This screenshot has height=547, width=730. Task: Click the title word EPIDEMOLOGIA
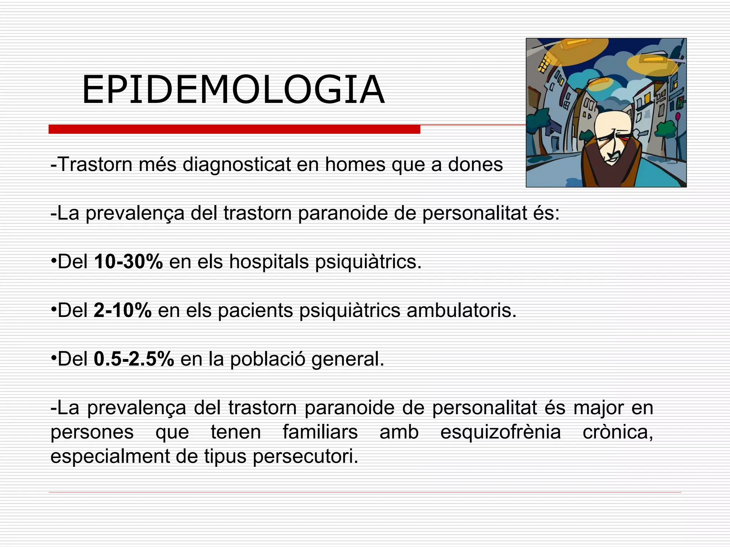tap(233, 90)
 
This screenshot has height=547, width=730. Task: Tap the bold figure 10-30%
tap(128, 262)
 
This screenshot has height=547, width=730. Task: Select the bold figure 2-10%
tap(123, 310)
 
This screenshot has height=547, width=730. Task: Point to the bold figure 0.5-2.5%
tap(134, 359)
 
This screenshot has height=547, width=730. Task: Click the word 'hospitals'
tap(269, 262)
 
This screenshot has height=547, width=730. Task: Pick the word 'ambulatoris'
tap(461, 310)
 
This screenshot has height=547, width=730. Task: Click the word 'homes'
tap(355, 165)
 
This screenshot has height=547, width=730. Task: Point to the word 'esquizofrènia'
tap(500, 432)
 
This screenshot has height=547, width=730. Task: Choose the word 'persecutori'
tap(305, 457)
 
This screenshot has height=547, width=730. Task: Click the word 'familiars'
tap(320, 432)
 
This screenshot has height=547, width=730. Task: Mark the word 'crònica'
tap(618, 432)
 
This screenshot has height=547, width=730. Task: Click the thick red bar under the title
tap(234, 129)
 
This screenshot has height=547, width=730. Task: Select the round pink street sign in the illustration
tap(678, 116)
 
